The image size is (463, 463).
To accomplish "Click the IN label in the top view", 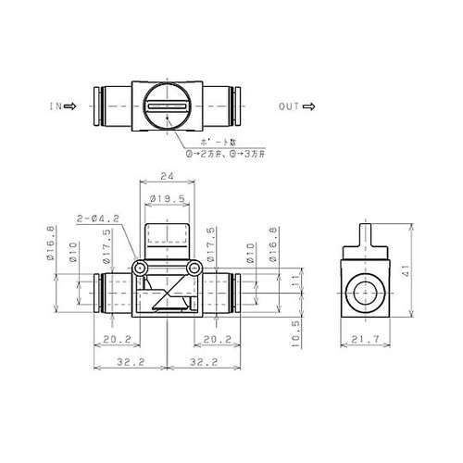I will coord(54,106).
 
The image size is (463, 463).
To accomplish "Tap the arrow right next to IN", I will coord(69,106).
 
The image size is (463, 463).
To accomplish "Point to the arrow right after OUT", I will coord(307,106).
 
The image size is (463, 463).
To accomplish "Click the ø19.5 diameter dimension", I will coord(167,197).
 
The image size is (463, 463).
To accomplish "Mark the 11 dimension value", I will coord(297,278).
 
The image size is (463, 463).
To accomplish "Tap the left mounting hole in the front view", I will coord(140,268).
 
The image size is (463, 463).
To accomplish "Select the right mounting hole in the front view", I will coord(194,268).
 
